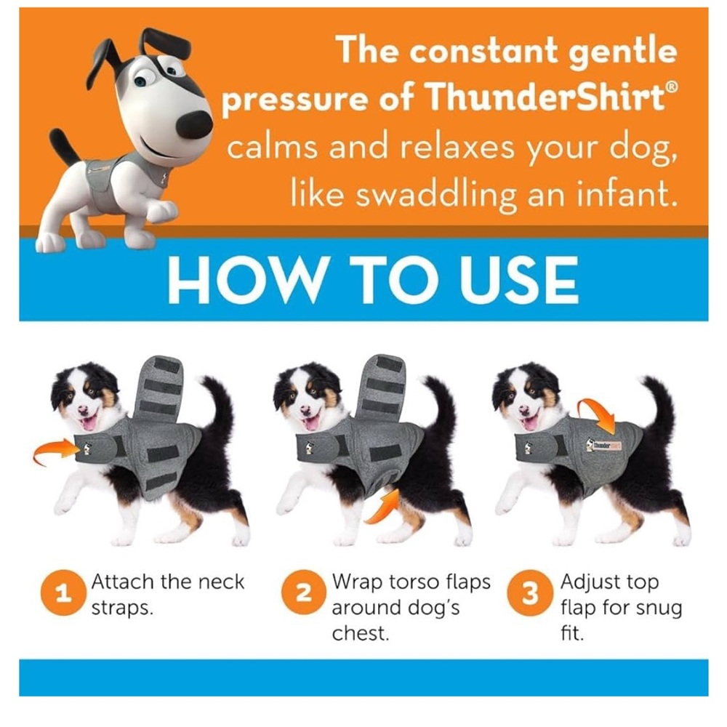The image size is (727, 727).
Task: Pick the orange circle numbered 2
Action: click(304, 593)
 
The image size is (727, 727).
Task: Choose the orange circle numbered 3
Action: click(530, 593)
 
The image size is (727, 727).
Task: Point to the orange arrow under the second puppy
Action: click(383, 507)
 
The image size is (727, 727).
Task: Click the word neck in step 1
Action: click(221, 582)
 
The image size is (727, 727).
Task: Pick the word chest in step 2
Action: click(360, 633)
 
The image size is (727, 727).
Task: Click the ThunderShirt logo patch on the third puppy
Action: click(604, 445)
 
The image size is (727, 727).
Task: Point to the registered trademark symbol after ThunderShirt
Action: click(672, 86)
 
